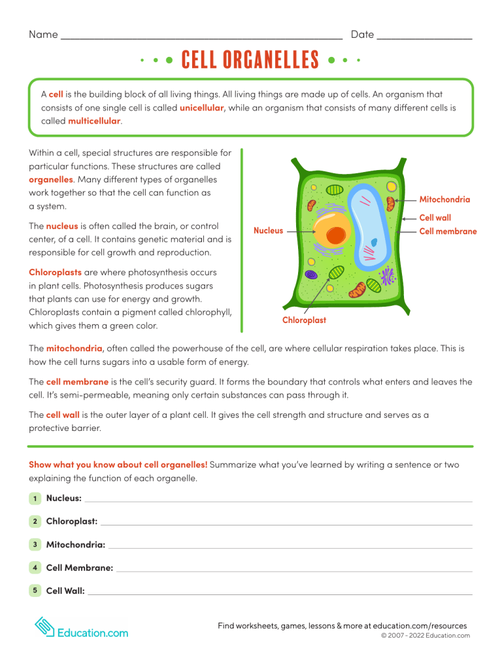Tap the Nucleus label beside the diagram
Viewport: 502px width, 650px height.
268,230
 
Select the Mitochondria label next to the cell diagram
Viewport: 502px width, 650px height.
444,199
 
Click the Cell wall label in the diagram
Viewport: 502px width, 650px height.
435,218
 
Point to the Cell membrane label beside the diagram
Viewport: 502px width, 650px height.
447,231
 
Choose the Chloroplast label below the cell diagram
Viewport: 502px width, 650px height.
304,320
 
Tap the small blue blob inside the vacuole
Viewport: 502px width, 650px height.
375,243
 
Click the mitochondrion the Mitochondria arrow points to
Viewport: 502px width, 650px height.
391,203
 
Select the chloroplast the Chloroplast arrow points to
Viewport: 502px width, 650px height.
336,273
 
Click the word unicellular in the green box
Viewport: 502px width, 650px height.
201,107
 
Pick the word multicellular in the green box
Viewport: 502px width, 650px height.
94,121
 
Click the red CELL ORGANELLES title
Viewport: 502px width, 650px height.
250,61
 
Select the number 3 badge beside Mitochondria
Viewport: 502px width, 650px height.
34,544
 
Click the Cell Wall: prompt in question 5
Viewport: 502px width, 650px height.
65,590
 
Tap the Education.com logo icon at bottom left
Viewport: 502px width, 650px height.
44,628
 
